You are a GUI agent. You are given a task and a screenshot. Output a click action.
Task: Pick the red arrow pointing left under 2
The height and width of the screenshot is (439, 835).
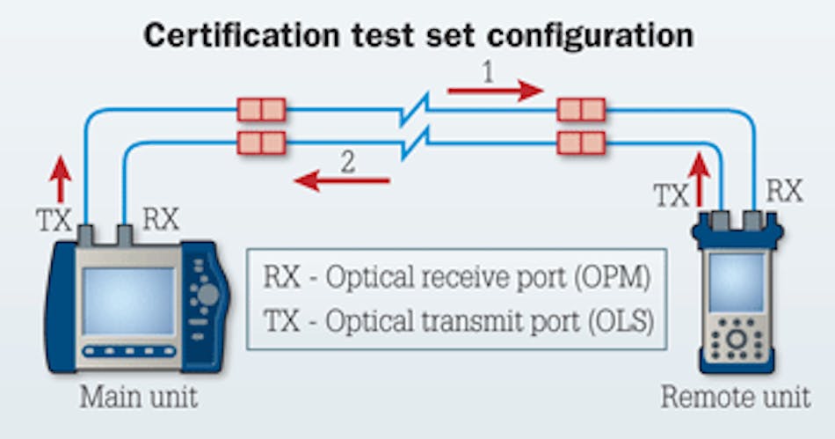[342, 181]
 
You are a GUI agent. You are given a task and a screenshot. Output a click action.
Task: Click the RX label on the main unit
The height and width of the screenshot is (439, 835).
[160, 219]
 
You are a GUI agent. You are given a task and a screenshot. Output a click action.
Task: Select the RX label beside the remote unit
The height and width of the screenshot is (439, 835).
[784, 190]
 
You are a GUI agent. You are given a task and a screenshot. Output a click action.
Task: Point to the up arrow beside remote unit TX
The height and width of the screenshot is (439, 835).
[701, 176]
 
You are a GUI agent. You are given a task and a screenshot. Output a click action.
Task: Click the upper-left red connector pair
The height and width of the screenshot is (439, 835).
[261, 110]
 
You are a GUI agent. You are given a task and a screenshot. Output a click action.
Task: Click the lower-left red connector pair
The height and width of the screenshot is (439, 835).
[261, 142]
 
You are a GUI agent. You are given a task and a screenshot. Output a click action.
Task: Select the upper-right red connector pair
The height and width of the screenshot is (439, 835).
[582, 110]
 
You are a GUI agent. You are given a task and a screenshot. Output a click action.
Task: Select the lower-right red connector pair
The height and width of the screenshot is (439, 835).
[582, 142]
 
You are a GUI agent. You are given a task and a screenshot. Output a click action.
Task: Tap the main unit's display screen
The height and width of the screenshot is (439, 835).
[127, 300]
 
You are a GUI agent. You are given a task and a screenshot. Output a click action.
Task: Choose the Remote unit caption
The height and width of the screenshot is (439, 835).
[735, 397]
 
